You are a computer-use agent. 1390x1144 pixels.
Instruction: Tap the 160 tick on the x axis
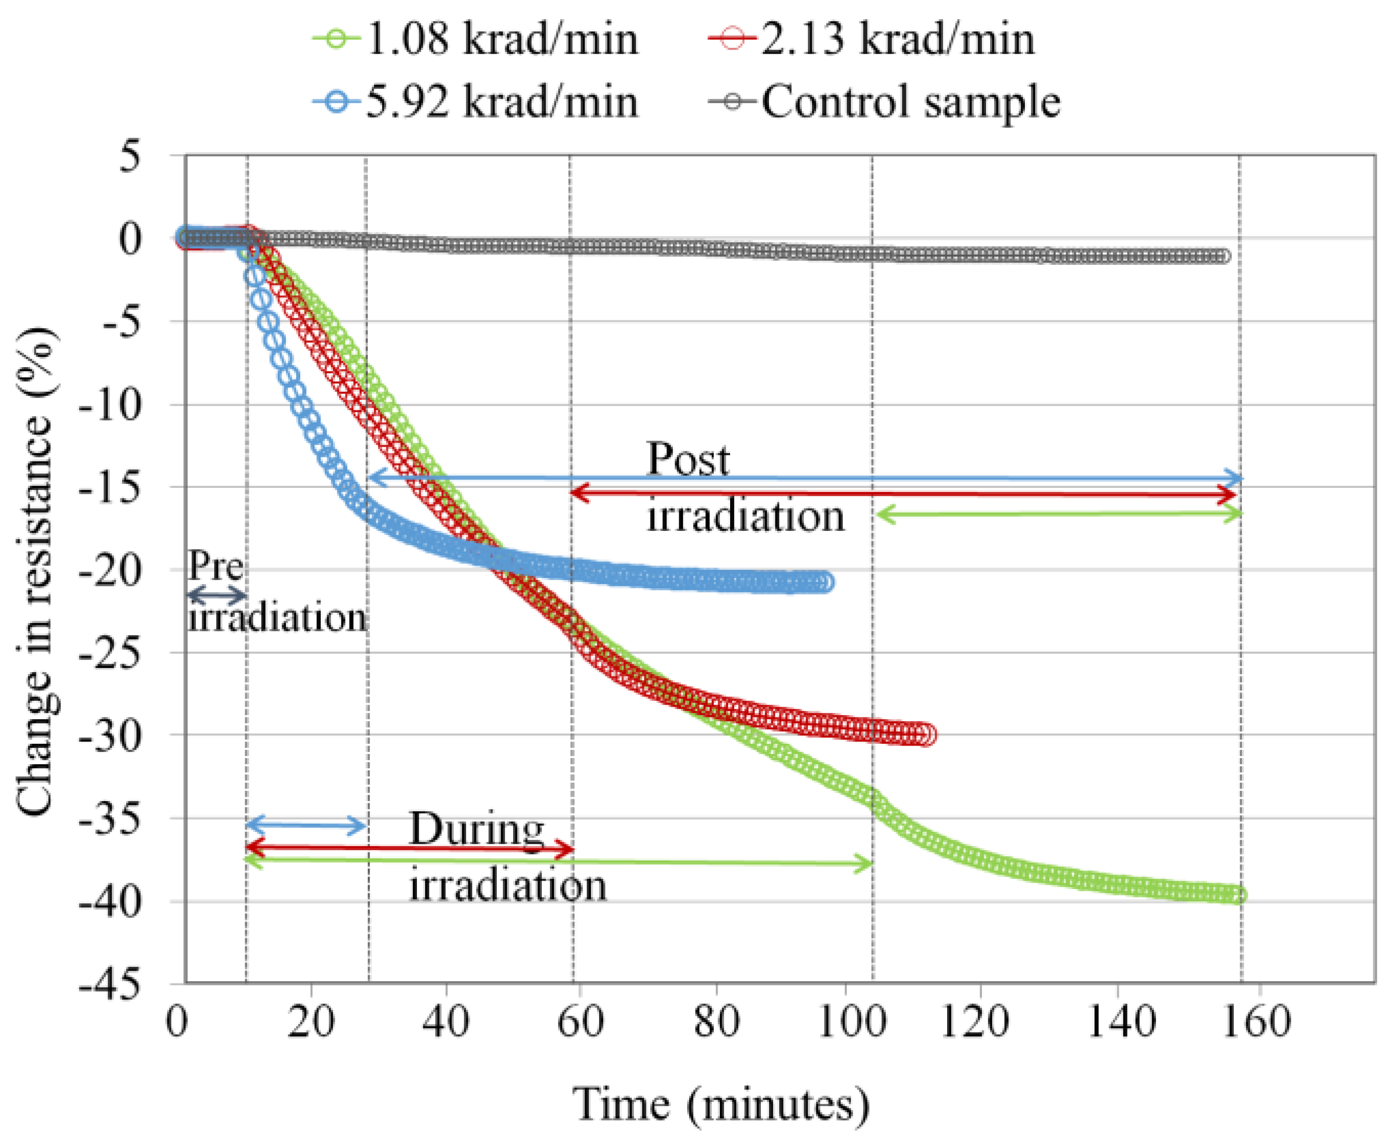(1255, 1023)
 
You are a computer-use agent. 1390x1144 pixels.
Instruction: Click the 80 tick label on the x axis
(716, 1023)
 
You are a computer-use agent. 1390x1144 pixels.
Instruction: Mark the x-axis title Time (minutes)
(722, 1104)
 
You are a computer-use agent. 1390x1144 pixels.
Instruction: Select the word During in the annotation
(476, 829)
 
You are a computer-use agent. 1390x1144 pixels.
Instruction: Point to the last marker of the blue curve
(825, 582)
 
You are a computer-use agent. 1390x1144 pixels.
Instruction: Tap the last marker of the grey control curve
(1223, 256)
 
